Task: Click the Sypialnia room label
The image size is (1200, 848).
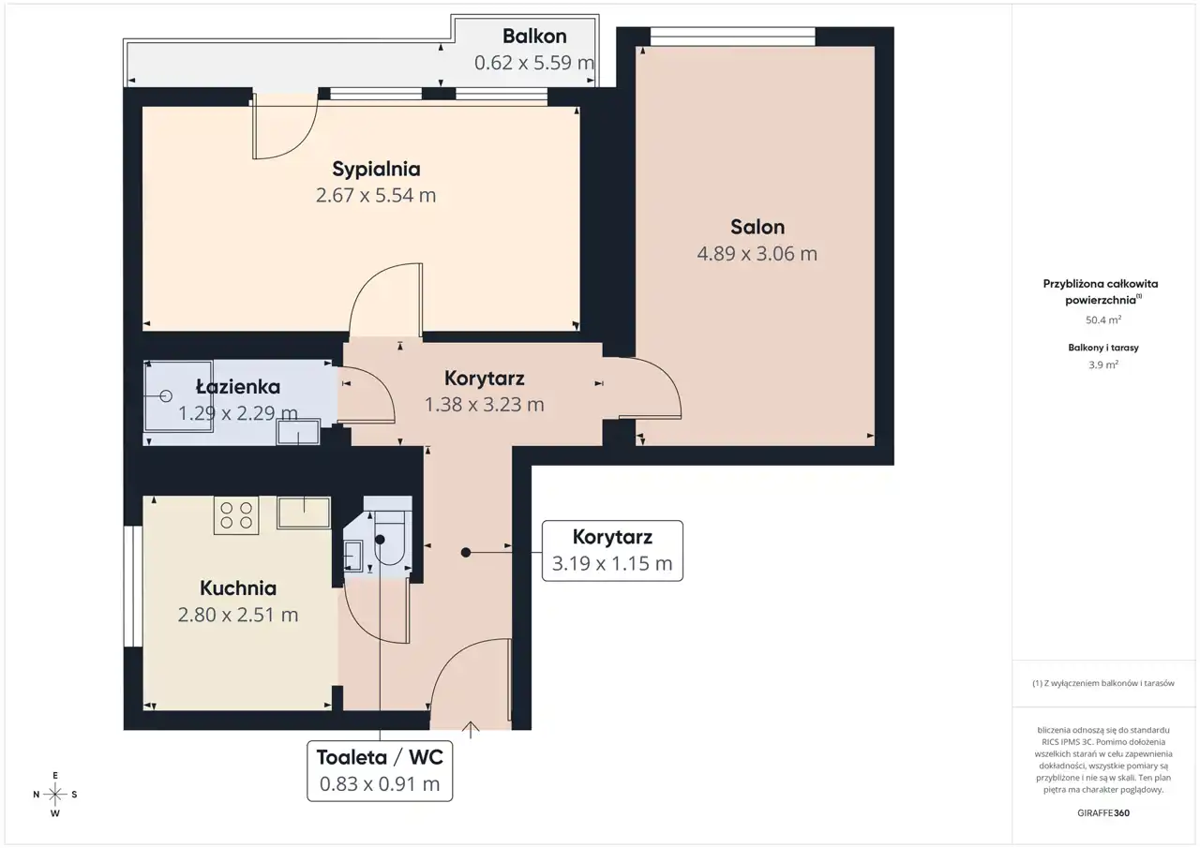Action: (376, 170)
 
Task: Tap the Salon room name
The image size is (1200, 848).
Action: (757, 227)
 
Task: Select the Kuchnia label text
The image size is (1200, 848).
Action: (238, 588)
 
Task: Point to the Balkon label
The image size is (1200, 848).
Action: (534, 37)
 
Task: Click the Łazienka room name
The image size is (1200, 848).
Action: (238, 387)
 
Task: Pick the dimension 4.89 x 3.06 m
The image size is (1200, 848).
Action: (757, 253)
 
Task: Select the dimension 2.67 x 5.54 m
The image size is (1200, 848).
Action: (376, 196)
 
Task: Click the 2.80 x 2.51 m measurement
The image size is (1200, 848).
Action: (238, 615)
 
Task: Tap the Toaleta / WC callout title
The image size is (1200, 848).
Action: (380, 757)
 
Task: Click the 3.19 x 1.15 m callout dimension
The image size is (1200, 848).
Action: (612, 563)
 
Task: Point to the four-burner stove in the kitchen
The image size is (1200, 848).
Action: (236, 515)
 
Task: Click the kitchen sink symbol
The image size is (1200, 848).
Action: (304, 513)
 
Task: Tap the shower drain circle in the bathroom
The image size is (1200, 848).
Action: (166, 396)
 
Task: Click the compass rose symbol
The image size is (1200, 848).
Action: (55, 795)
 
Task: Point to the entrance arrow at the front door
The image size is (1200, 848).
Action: (471, 730)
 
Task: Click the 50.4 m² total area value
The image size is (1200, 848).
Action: (1103, 320)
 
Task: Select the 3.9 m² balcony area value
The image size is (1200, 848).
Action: (1103, 365)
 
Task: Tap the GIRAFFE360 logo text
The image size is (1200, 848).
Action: (1103, 812)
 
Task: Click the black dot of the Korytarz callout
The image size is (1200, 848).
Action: (466, 553)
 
